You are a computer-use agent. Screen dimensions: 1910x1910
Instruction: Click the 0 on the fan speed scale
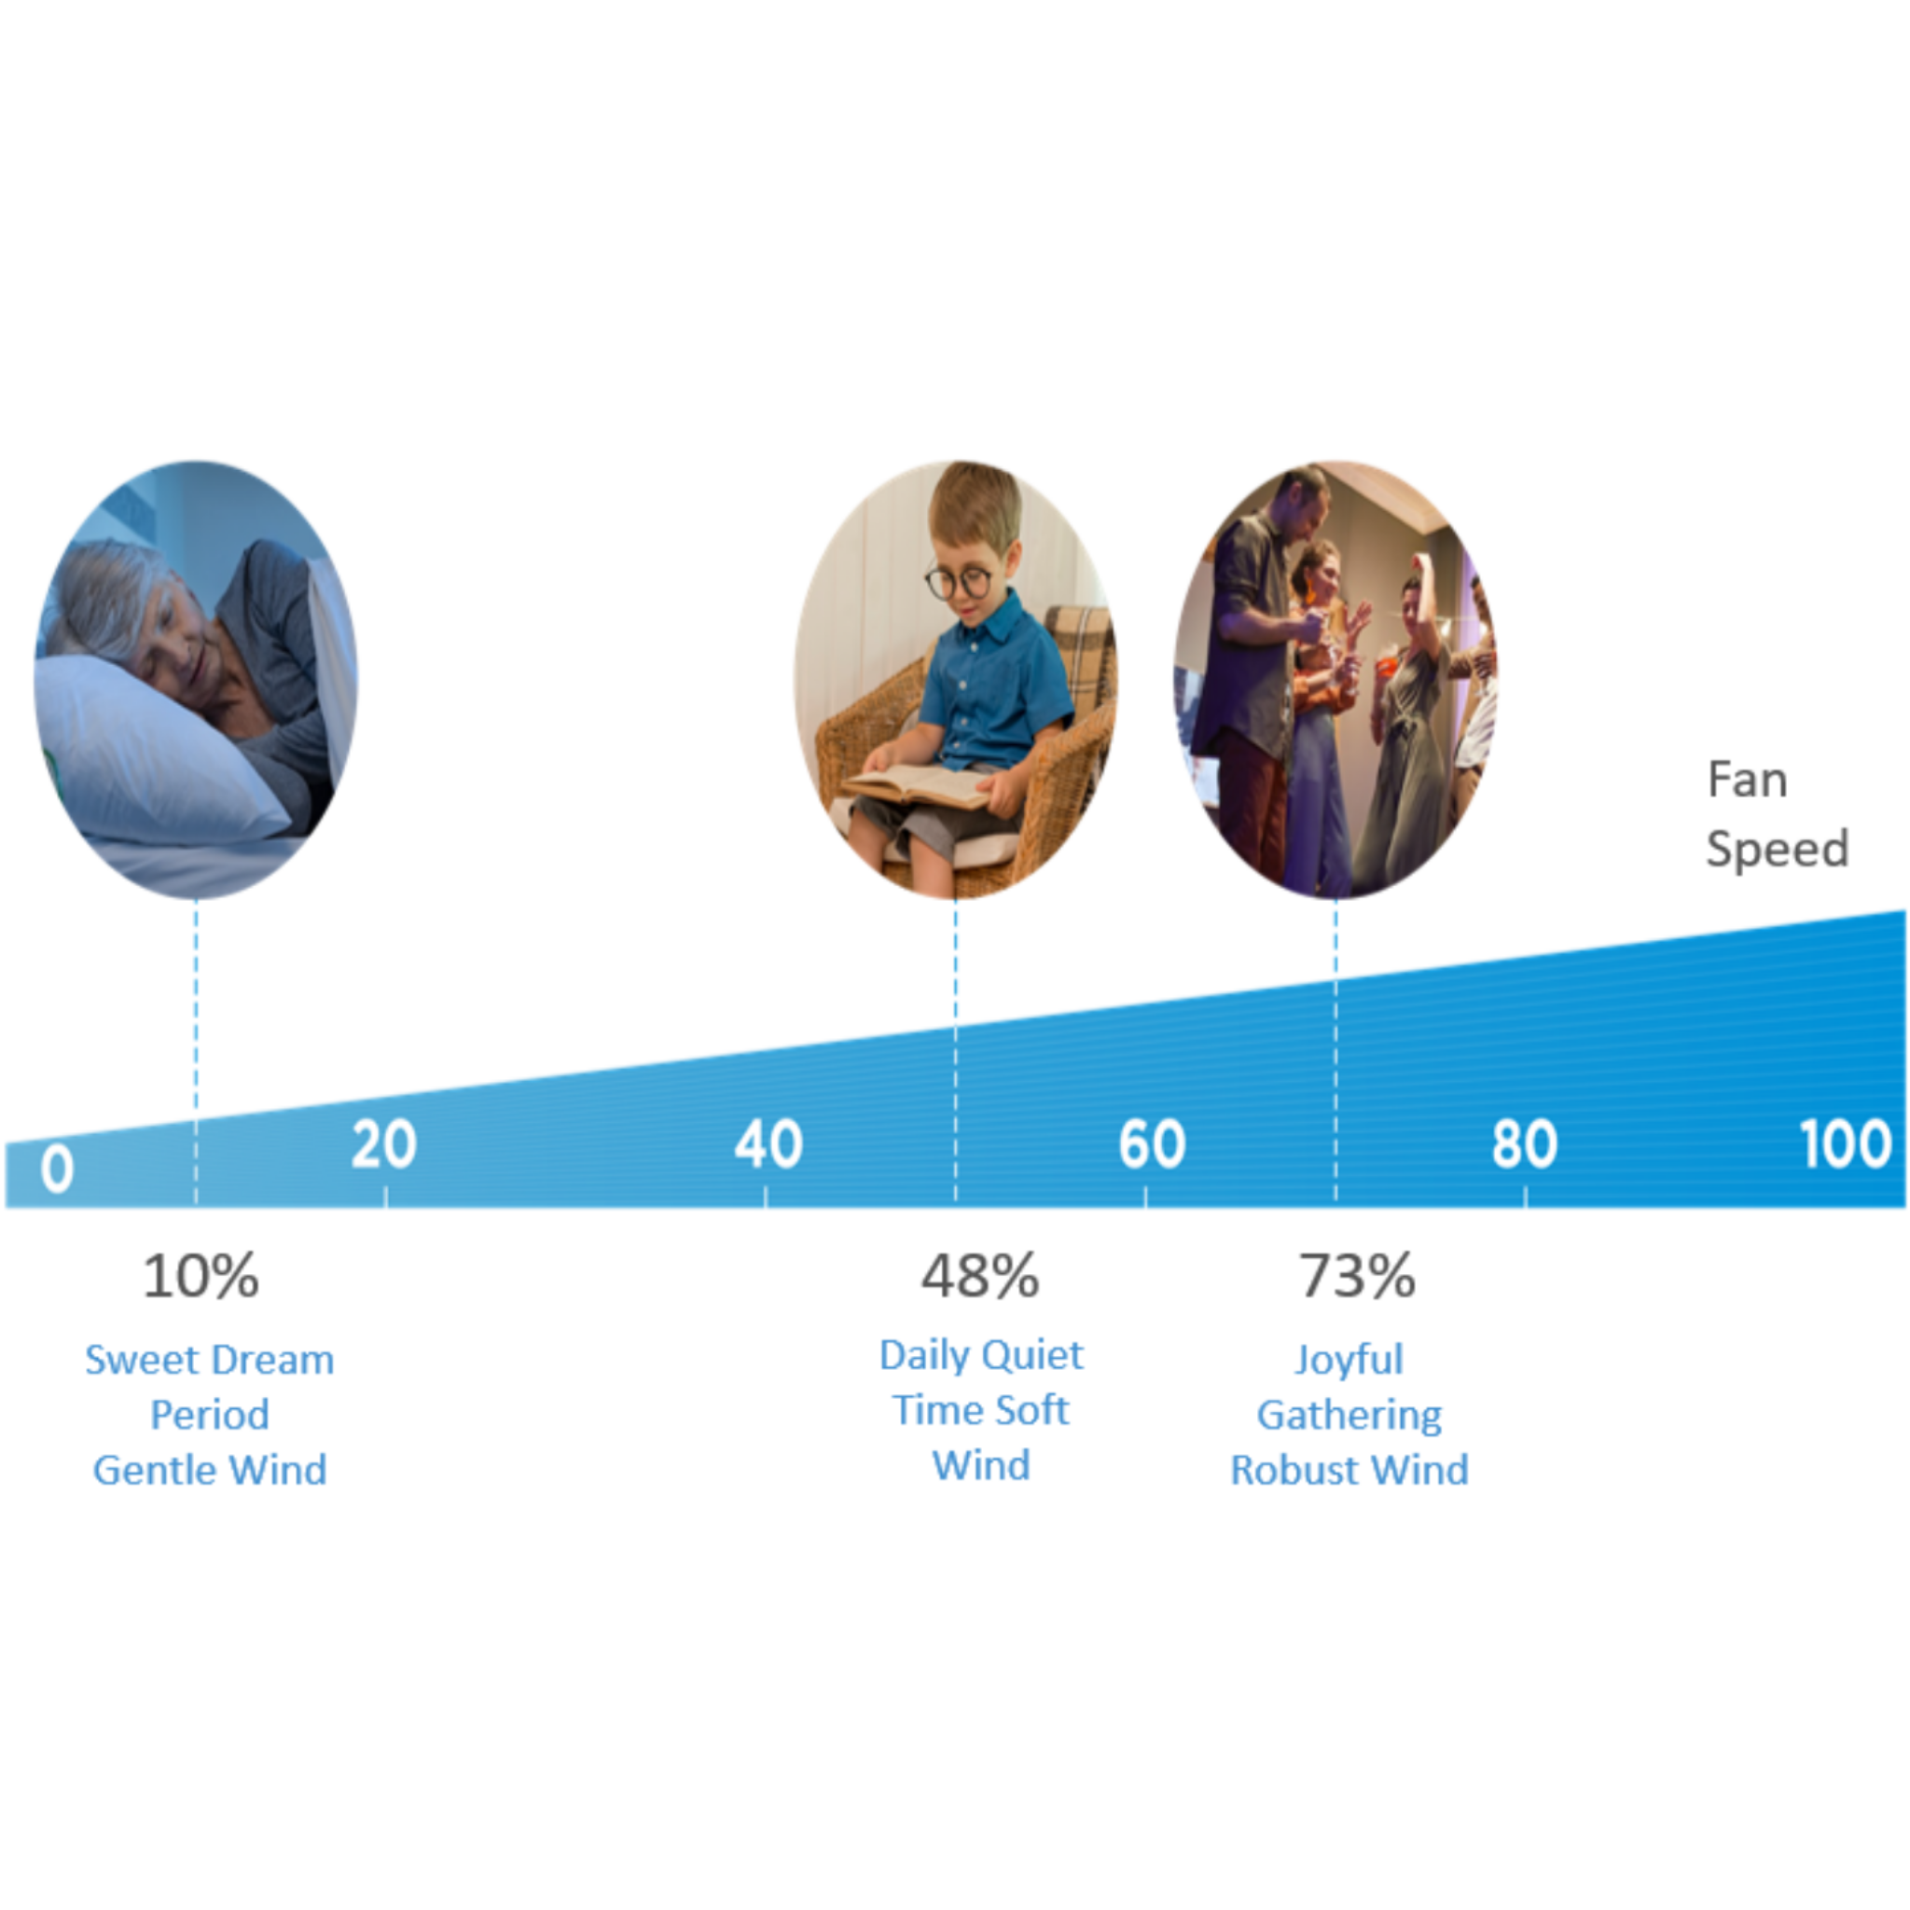[57, 1169]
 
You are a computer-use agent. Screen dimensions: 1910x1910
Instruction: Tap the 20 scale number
[383, 1145]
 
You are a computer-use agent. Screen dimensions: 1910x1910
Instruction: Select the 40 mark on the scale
[768, 1145]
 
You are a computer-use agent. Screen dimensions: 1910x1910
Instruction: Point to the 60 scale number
[1152, 1145]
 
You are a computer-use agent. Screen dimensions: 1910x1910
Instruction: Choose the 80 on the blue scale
[1525, 1145]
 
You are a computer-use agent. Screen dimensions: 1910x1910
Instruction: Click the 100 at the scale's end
[1846, 1145]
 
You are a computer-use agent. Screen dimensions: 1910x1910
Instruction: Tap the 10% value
[201, 1277]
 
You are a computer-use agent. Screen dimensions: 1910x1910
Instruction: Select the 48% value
[981, 1277]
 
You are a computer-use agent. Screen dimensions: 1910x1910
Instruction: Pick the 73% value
[1357, 1277]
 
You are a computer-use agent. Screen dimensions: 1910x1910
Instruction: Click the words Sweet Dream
[210, 1361]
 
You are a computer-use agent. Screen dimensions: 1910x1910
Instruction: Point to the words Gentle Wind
[210, 1470]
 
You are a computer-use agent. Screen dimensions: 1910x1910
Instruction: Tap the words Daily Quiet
[982, 1355]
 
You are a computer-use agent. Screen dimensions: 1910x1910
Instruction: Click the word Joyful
[1349, 1361]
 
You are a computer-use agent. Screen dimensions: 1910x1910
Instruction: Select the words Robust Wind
[1349, 1470]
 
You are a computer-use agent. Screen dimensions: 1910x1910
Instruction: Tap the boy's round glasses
[958, 581]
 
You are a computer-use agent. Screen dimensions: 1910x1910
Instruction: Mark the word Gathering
[1349, 1416]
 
